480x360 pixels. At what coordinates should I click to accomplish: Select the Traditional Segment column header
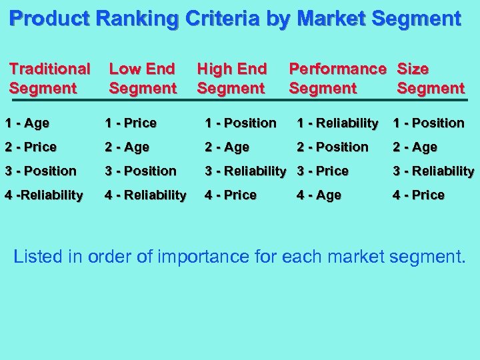pos(49,78)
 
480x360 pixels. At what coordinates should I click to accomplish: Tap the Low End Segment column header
pos(142,78)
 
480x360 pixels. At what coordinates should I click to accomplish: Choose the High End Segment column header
pos(231,78)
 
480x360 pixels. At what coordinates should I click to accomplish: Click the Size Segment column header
pos(430,78)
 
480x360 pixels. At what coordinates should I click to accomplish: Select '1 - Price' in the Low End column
pos(131,123)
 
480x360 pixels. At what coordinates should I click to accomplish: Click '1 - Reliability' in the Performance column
pos(337,123)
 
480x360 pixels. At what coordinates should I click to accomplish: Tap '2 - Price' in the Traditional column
pos(31,147)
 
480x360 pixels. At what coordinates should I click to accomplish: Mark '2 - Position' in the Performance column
pos(333,147)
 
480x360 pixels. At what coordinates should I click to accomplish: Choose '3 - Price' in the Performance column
pos(323,171)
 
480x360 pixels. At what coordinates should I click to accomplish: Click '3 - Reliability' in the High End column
pos(245,171)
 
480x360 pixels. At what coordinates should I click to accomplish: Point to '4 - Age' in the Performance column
pos(319,195)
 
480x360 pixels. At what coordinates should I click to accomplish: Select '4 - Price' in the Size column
pos(419,195)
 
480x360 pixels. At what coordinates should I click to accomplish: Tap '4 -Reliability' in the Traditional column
pos(43,195)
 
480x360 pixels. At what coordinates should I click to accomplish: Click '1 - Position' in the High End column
pos(241,123)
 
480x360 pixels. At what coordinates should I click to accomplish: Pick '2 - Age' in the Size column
pos(415,147)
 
